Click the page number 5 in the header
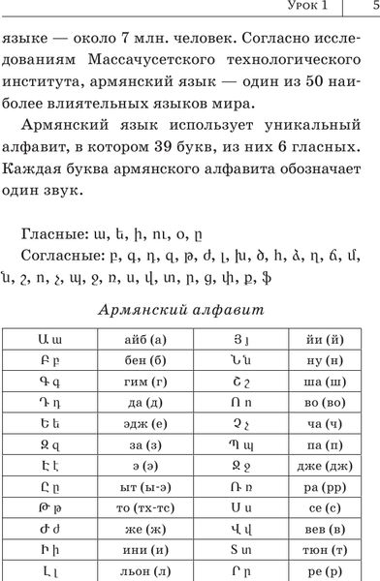[x=374, y=8]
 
